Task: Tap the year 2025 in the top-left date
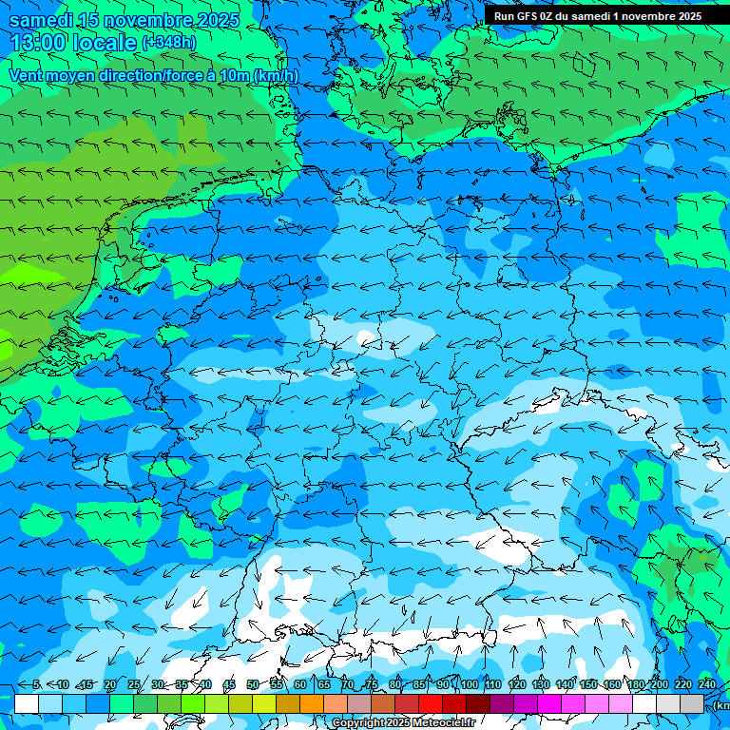[218, 20]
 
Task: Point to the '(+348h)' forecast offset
[169, 43]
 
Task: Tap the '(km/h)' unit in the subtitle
[276, 75]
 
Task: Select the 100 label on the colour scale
[469, 684]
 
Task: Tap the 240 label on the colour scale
[707, 684]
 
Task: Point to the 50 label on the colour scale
[253, 684]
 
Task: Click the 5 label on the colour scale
[37, 684]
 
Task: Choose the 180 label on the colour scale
[634, 684]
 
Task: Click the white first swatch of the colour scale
[26, 703]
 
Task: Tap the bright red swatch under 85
[431, 703]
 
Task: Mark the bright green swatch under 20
[121, 703]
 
